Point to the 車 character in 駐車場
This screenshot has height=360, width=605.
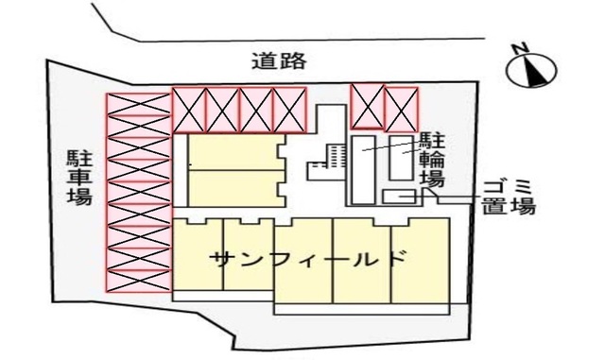(x=78, y=177)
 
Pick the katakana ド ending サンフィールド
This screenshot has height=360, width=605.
(x=397, y=258)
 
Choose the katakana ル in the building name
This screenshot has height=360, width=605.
(x=364, y=258)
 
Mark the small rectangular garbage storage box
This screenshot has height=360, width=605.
(x=399, y=196)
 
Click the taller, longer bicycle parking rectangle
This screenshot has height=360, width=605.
(x=363, y=170)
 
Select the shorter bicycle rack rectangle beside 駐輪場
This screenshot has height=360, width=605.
(x=401, y=157)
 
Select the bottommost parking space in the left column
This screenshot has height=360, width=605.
(x=137, y=281)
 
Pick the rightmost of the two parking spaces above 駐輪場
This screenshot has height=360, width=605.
(x=401, y=106)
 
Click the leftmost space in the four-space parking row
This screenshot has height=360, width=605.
(x=188, y=109)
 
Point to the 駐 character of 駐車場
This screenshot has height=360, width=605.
(x=78, y=156)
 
